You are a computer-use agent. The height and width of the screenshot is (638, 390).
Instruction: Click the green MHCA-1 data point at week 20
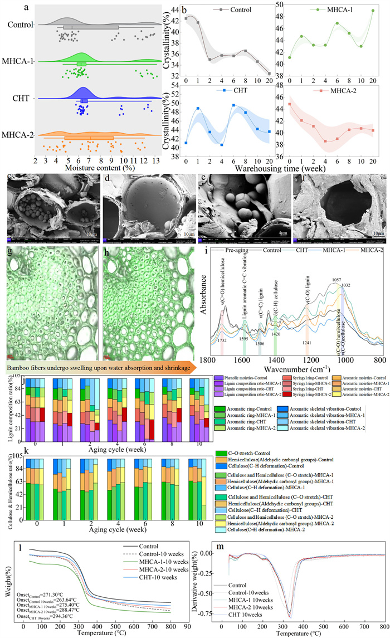pos(372,11)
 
